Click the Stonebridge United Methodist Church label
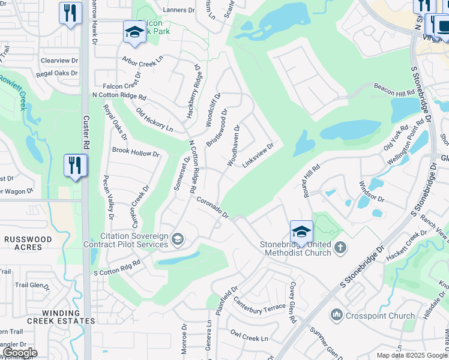click(295, 248)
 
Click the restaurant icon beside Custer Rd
click(75, 166)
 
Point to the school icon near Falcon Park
click(134, 32)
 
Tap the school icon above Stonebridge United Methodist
click(301, 232)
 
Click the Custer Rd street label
click(86, 133)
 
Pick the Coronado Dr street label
click(212, 208)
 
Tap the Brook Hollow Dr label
click(136, 152)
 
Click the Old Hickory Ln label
click(154, 120)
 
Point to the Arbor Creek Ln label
click(142, 60)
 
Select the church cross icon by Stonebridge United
click(340, 247)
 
